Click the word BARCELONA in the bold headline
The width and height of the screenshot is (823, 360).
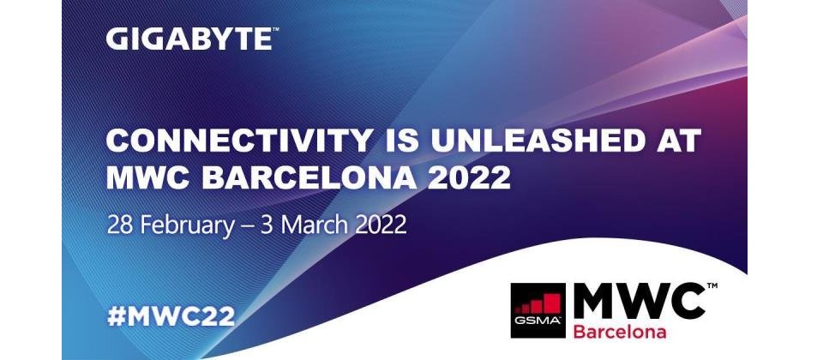pos(309,178)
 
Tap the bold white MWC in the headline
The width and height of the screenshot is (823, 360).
pos(148,178)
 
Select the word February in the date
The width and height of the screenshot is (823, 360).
pos(186,226)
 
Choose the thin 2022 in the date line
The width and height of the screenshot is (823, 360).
pos(381,225)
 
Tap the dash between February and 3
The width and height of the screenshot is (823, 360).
pos(249,227)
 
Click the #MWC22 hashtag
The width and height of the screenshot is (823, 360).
pos(171,316)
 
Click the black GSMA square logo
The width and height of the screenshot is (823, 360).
pos(538,310)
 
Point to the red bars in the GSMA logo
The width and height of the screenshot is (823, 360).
pos(538,303)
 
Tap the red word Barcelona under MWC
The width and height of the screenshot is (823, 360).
pos(619,331)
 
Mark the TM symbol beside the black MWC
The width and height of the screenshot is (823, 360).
pos(712,285)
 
